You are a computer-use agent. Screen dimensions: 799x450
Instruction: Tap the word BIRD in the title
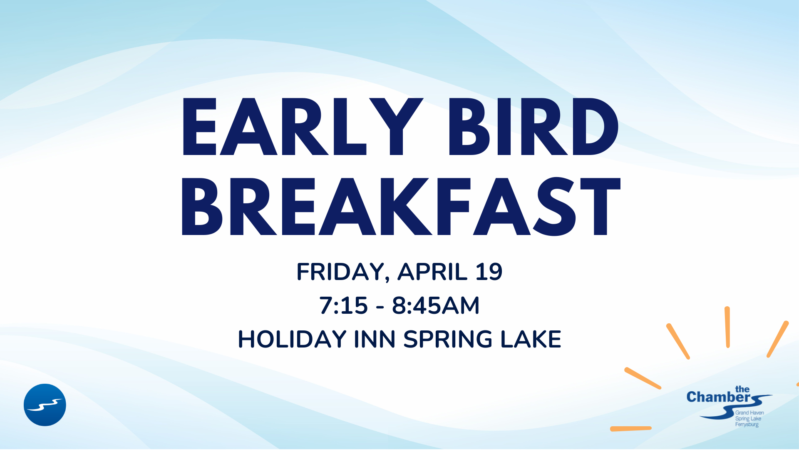point(533,127)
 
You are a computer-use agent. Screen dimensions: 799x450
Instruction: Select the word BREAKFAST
point(401,206)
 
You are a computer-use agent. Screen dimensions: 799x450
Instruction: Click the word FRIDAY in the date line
point(340,272)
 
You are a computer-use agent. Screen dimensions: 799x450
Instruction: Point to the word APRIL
point(433,272)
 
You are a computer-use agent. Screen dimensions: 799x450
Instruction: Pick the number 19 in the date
point(489,272)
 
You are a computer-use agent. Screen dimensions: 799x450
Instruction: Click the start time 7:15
point(343,305)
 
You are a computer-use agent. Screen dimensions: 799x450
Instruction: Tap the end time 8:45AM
point(436,305)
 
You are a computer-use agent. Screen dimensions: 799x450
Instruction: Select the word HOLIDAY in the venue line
point(292,339)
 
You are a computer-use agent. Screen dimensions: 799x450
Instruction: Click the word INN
point(375,339)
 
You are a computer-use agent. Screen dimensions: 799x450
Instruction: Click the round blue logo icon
point(45,405)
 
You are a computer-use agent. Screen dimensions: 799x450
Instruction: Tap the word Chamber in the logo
point(718,397)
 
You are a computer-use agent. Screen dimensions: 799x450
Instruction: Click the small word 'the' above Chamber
point(742,389)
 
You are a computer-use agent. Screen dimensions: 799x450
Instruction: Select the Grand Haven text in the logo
point(749,413)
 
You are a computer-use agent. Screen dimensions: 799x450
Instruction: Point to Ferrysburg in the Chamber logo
point(747,425)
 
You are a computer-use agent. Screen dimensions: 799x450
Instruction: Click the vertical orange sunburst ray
point(727,327)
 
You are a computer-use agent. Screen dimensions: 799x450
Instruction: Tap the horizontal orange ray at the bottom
point(631,428)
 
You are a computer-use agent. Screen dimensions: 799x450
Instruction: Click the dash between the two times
point(380,307)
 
